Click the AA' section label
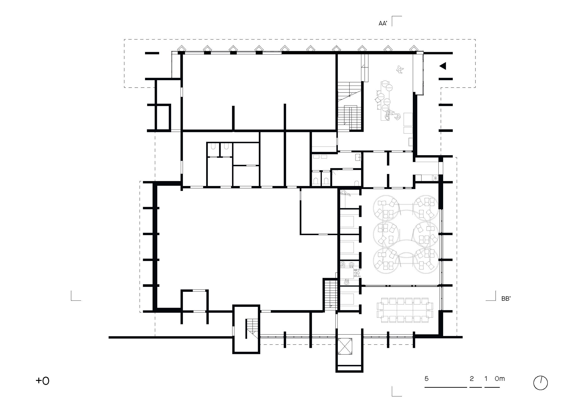coord(383,23)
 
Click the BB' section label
coord(506,299)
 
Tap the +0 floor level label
coord(42,381)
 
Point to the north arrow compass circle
coord(540,383)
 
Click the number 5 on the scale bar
coord(427,378)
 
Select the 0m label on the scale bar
coord(500,378)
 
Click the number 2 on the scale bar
coord(472,378)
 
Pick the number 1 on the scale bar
coord(486,378)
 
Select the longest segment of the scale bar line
coord(446,387)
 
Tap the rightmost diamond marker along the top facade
coord(414,48)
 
